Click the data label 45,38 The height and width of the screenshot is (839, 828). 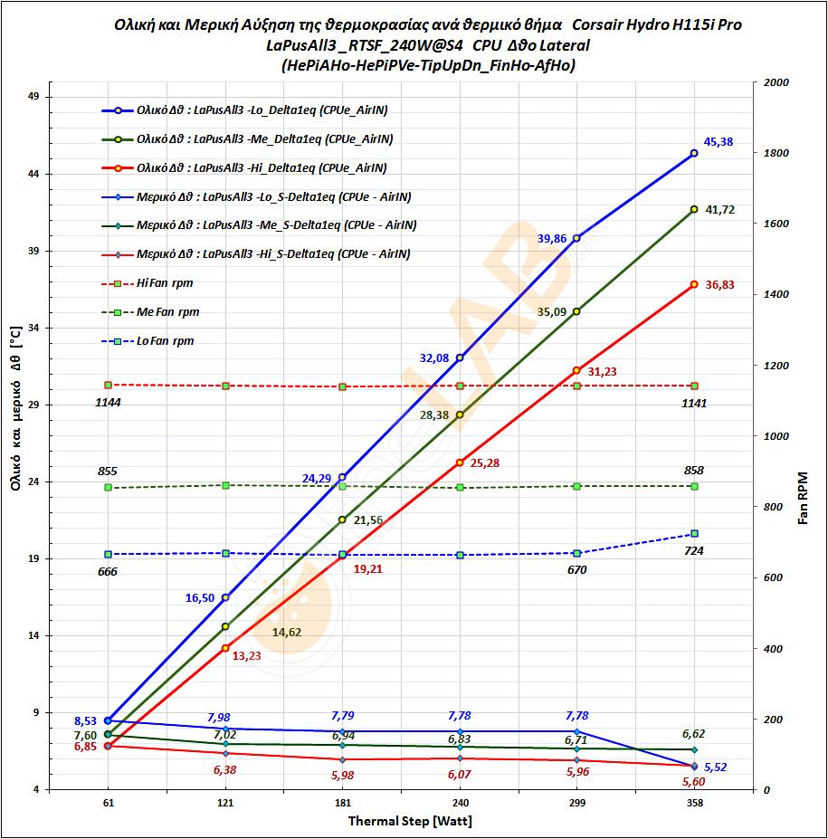click(x=719, y=142)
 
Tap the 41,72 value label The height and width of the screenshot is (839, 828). click(x=719, y=210)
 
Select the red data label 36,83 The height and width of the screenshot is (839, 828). click(x=719, y=285)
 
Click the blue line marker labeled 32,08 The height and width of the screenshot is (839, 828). click(x=460, y=358)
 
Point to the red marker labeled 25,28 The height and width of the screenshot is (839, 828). click(x=460, y=462)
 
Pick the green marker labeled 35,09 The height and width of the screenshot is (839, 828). click(x=576, y=311)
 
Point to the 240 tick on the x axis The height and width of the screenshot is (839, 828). click(x=460, y=803)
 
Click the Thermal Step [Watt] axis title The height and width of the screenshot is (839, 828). click(x=410, y=822)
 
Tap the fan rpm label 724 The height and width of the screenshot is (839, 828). click(x=694, y=550)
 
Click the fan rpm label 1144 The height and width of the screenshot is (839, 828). click(x=109, y=401)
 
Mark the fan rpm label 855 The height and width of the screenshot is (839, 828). click(x=108, y=472)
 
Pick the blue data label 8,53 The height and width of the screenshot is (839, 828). click(x=86, y=721)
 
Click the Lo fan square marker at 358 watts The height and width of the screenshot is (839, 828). click(x=694, y=534)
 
